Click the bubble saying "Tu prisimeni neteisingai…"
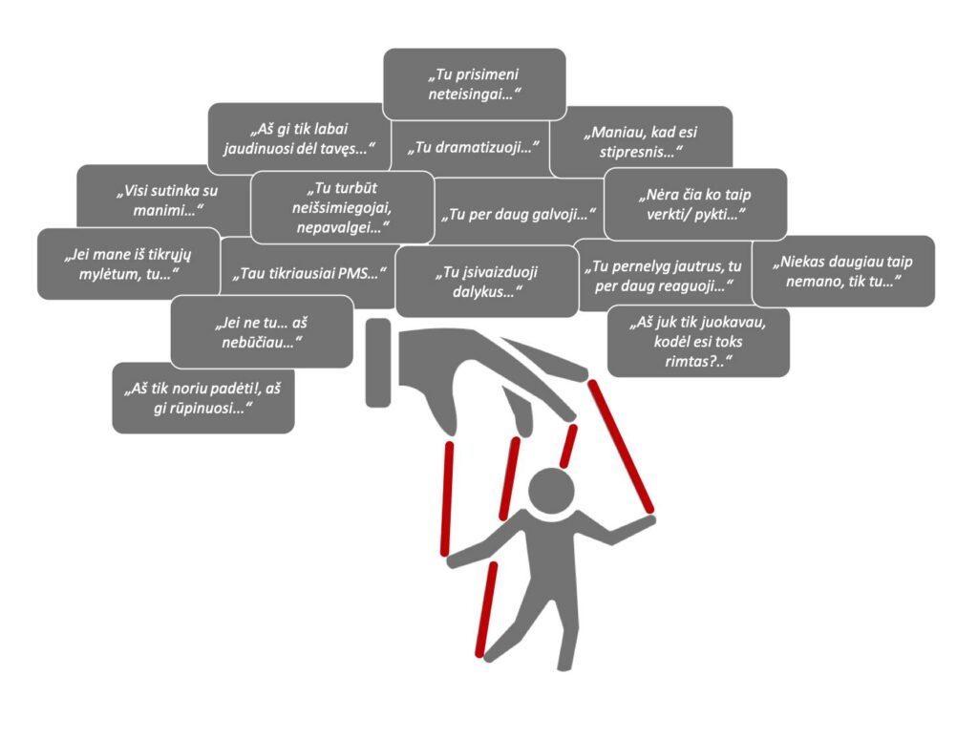[x=474, y=84]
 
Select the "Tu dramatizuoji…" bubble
[x=474, y=149]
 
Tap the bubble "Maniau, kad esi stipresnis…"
[x=642, y=142]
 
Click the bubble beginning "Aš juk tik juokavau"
[x=697, y=340]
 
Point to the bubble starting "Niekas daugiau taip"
[x=842, y=270]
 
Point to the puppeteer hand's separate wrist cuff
[x=378, y=362]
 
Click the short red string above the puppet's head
[x=568, y=445]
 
